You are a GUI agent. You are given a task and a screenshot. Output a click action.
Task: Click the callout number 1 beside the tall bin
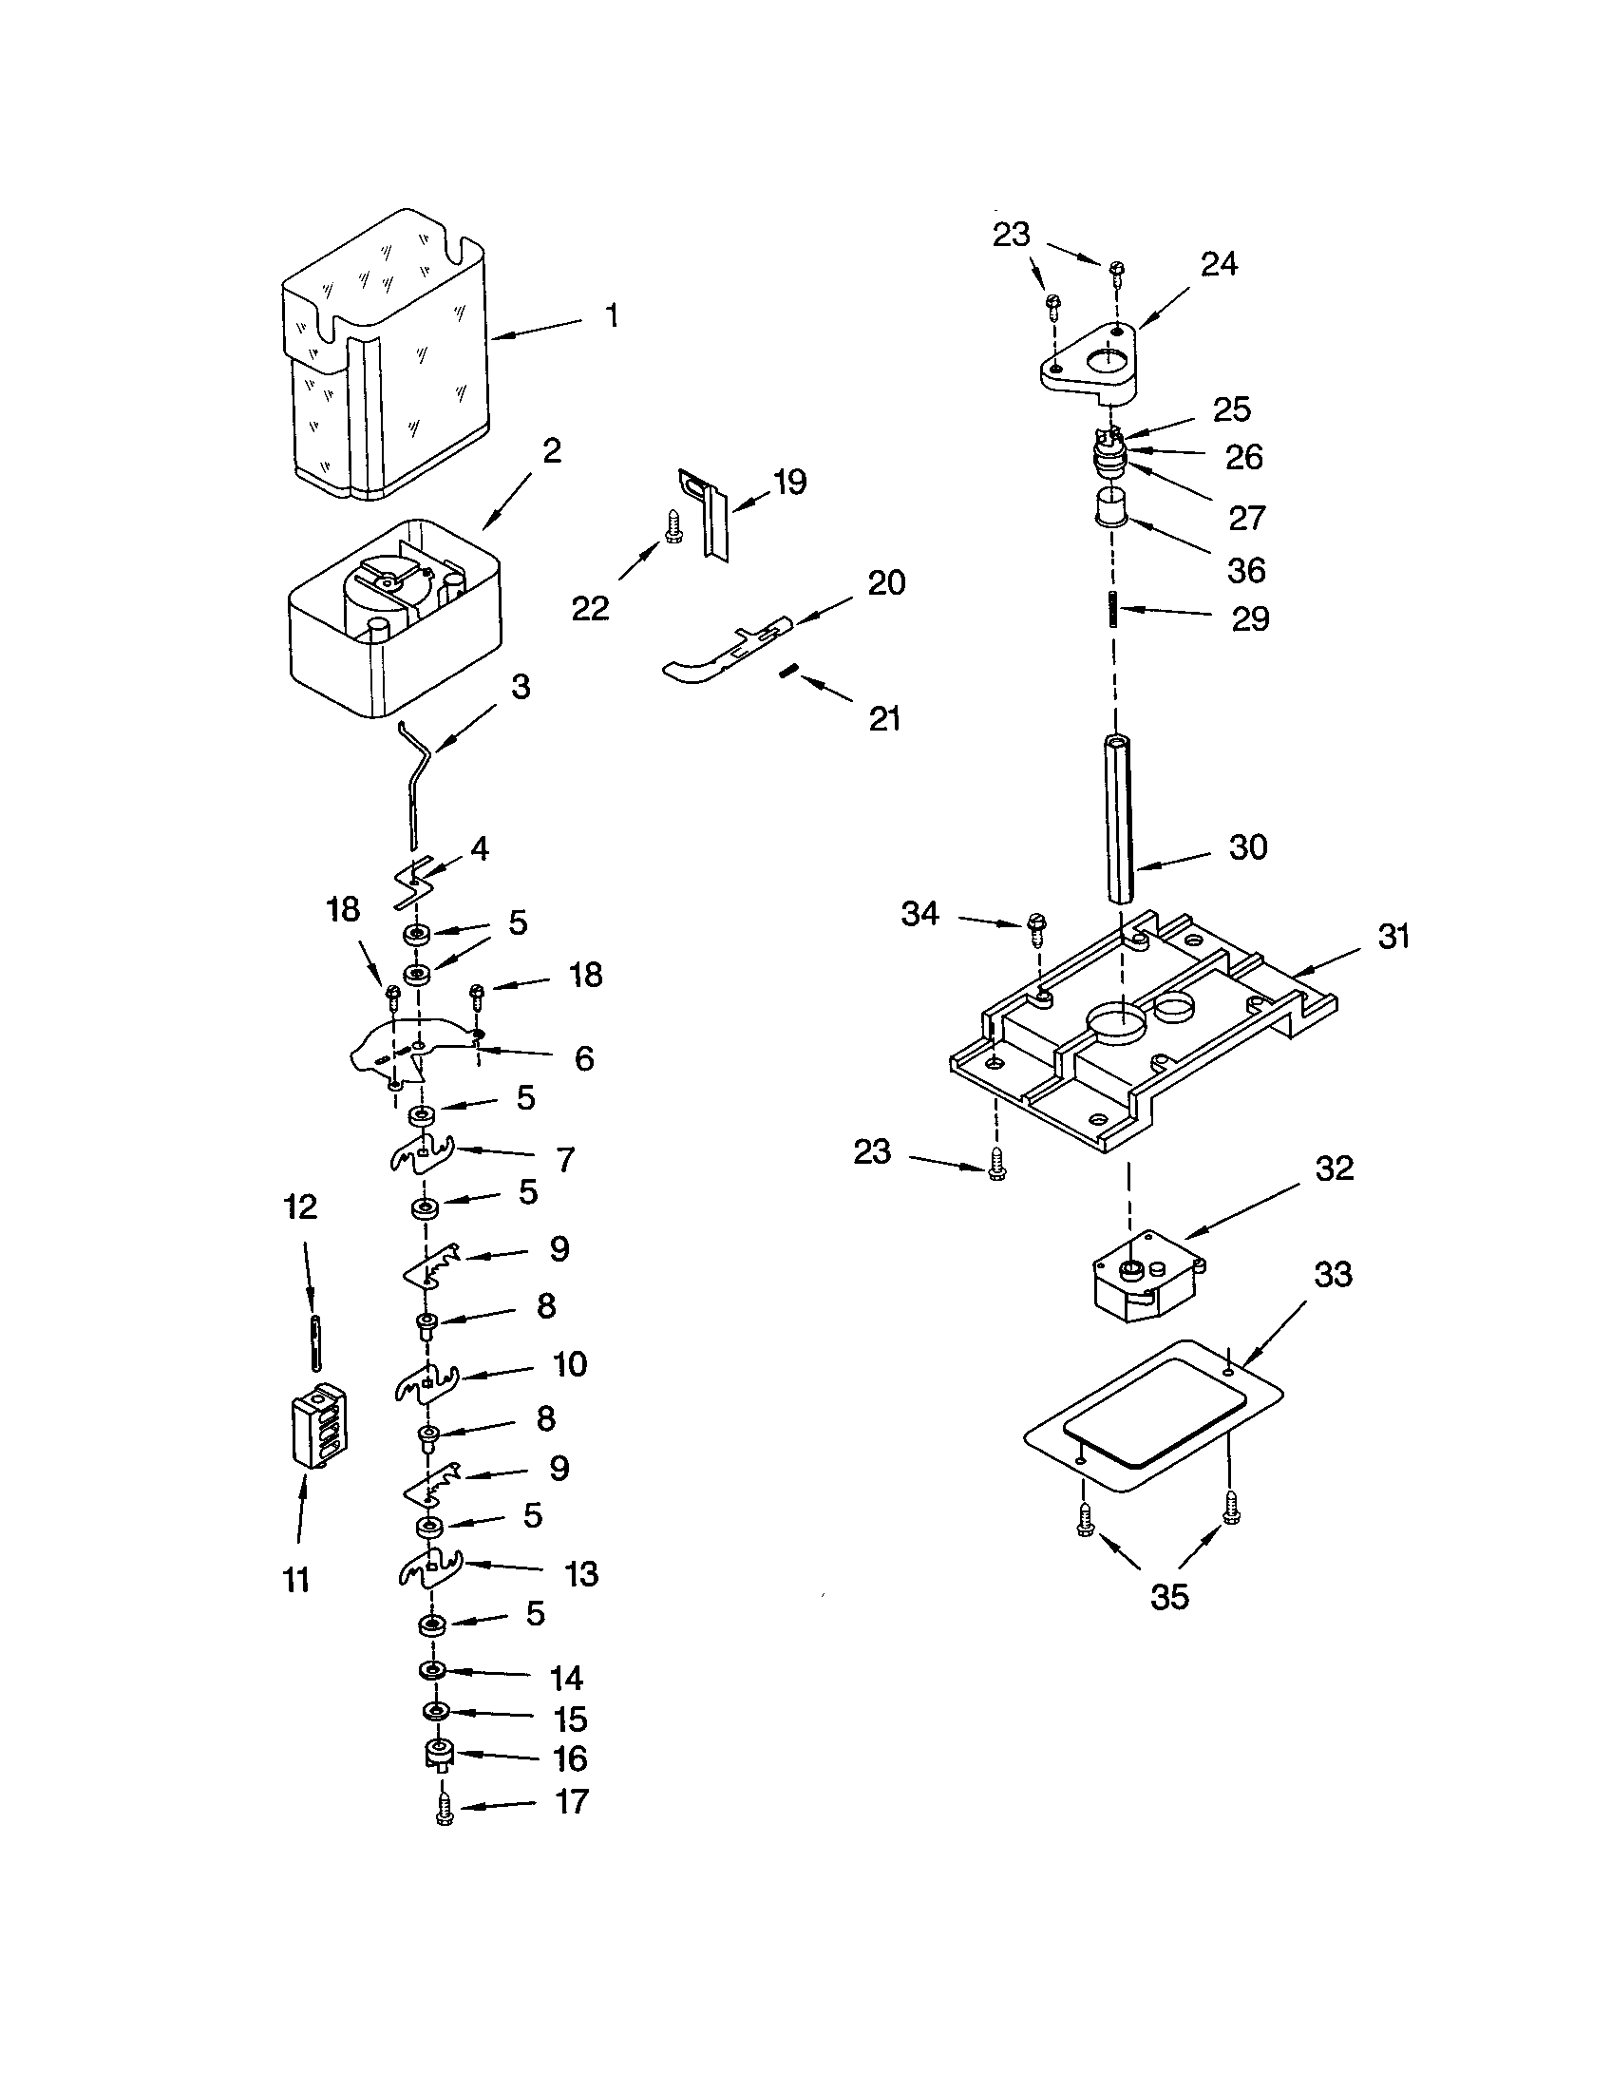click(613, 315)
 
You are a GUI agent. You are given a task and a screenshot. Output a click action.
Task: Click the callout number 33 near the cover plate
click(1333, 1275)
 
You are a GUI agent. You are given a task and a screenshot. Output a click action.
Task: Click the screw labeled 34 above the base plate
click(1037, 923)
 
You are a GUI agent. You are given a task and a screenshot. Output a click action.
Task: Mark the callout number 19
click(789, 482)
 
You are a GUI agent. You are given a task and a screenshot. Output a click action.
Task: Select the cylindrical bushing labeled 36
click(1109, 507)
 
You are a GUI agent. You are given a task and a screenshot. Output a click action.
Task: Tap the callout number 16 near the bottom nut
click(570, 1758)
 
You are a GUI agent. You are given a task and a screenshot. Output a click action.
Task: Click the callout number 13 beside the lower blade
click(581, 1574)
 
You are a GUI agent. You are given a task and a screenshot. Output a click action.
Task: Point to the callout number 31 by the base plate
click(1393, 936)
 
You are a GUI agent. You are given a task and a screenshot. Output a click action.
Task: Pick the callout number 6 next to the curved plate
click(583, 1058)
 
